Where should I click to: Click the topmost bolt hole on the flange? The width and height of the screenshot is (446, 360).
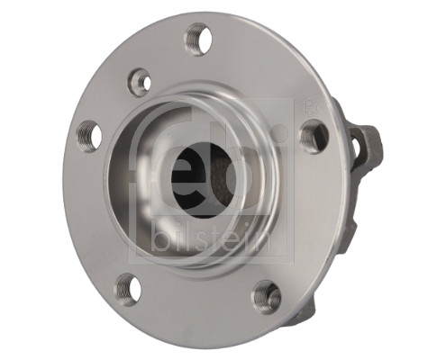198,40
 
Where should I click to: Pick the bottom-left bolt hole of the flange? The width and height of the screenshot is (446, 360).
128,289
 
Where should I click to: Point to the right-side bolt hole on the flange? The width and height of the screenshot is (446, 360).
313,137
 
